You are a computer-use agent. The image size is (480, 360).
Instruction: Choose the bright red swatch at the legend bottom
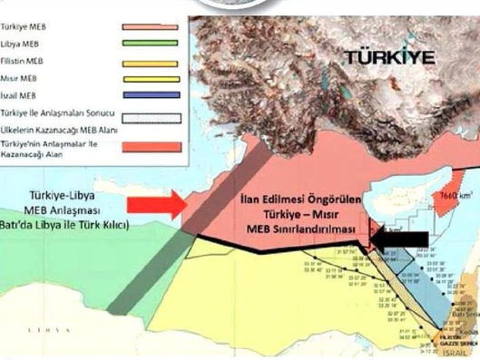tap(150, 147)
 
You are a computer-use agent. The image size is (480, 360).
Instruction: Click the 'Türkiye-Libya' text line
tap(64, 197)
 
